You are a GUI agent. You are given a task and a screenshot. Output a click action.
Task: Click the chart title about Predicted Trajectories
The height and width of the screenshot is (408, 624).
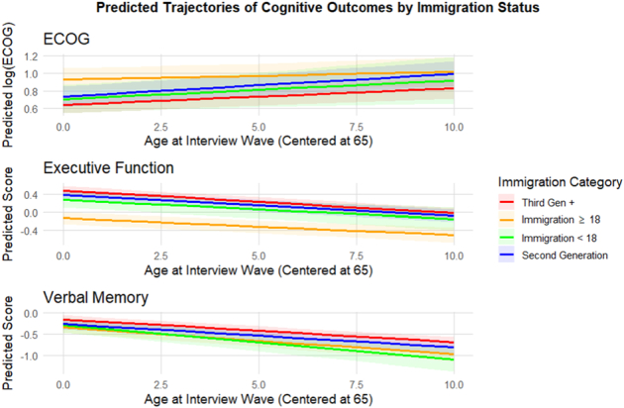coord(318,7)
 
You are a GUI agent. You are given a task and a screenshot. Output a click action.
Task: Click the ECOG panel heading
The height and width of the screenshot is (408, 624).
coord(66,39)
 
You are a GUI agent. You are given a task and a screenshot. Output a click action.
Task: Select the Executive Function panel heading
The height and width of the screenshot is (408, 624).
coord(109,168)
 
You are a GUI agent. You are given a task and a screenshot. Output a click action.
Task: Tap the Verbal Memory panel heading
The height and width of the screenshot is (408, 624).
coord(96,298)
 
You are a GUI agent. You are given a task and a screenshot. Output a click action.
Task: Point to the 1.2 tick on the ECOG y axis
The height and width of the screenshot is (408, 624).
coord(31,56)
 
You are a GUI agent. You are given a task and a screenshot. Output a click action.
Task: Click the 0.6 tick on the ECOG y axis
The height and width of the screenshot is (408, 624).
coord(31,109)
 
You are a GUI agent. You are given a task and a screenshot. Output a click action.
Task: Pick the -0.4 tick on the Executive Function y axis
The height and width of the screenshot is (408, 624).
coord(29,231)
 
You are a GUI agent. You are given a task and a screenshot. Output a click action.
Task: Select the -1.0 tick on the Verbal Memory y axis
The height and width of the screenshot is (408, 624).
coord(29,356)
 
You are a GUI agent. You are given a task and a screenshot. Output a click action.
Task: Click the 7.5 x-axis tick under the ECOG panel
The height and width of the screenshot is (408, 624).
coord(357,128)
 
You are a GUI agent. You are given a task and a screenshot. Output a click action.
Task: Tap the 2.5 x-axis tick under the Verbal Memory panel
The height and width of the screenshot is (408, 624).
coord(160,385)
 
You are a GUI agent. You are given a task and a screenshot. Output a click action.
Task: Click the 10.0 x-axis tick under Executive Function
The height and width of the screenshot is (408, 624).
coord(454,255)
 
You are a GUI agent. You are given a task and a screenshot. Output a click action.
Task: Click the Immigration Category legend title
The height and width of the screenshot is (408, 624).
coord(560,182)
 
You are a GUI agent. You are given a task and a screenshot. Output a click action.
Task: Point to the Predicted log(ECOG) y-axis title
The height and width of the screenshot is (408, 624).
coord(8,85)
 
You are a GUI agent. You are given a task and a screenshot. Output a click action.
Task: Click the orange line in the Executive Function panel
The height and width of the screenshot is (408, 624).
coord(259,227)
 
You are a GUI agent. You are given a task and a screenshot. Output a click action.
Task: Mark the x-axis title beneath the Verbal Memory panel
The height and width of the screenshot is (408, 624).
coord(259,399)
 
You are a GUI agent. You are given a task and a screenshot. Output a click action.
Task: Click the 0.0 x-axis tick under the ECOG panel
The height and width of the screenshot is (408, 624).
coord(63,128)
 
